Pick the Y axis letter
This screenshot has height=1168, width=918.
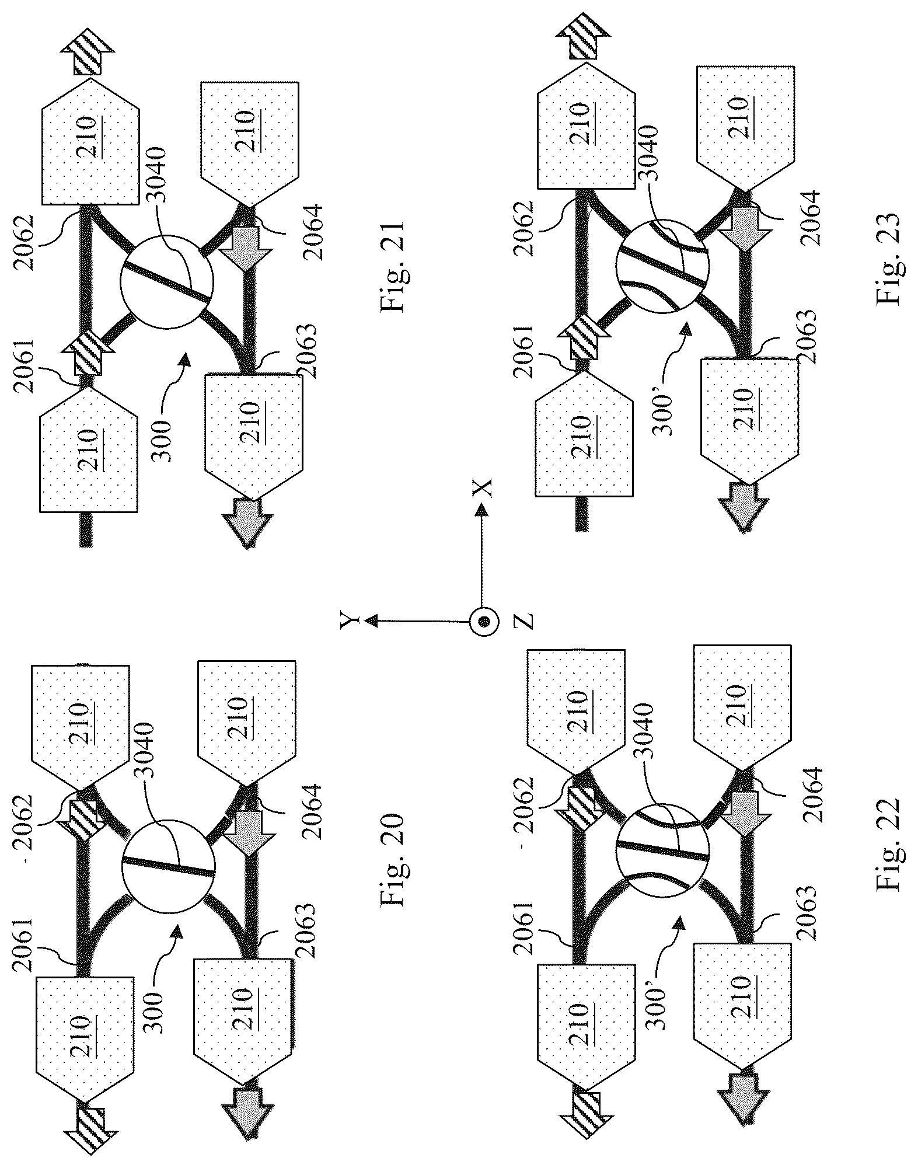coord(348,622)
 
